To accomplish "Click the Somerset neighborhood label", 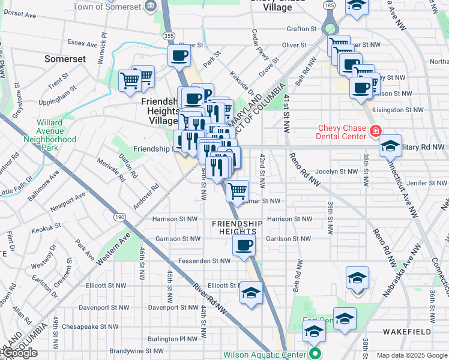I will click(x=65, y=59).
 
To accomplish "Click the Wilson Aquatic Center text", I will click(x=265, y=355).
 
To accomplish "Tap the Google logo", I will click(x=19, y=353).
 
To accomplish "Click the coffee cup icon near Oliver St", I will click(x=179, y=57).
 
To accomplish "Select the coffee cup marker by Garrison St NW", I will click(x=244, y=245).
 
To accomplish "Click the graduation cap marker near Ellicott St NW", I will click(x=252, y=293).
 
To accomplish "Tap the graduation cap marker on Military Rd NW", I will click(x=390, y=145).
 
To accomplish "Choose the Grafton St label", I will click(x=301, y=29).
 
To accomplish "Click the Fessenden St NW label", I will click(x=205, y=261).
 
